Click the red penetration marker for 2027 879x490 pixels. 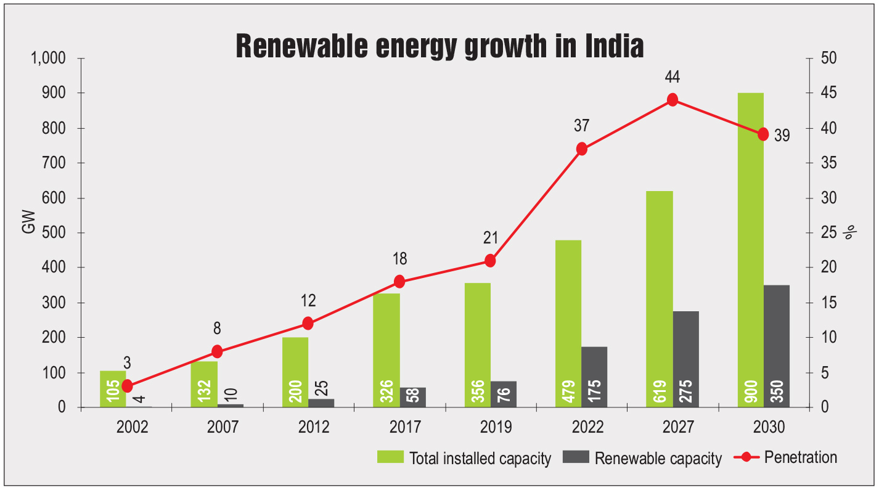673,100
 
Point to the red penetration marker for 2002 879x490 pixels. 127,386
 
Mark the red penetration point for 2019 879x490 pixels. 490,261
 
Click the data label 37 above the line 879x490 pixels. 581,126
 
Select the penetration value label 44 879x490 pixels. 672,78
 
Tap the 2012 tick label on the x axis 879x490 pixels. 314,427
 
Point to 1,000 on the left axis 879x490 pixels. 47,59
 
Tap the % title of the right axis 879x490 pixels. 849,233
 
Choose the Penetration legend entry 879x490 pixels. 785,457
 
